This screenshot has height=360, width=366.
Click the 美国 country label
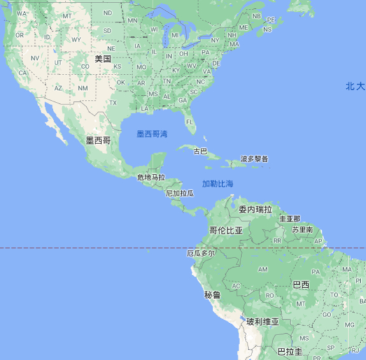tap(102, 59)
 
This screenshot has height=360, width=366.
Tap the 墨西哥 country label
tap(98, 140)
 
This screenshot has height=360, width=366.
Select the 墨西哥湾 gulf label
tap(152, 134)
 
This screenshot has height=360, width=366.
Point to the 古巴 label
tap(200, 152)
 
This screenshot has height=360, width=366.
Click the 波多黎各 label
tap(255, 159)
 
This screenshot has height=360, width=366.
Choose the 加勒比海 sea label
tap(218, 184)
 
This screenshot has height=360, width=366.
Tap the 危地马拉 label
tap(151, 177)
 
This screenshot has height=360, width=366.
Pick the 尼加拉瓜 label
tap(179, 192)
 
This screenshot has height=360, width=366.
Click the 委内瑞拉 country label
tap(255, 209)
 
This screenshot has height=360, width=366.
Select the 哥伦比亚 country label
tap(226, 230)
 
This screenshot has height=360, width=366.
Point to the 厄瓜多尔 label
tap(201, 253)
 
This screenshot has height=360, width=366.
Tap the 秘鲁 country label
tap(212, 295)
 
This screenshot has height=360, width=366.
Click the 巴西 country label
tap(300, 285)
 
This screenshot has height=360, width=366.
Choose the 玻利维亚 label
tap(263, 322)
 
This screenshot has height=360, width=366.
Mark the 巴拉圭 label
tap(290, 352)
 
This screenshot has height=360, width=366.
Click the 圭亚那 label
tap(290, 219)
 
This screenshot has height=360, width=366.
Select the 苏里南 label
tap(302, 229)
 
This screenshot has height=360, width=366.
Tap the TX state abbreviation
tap(113, 103)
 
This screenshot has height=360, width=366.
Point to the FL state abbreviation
tap(190, 122)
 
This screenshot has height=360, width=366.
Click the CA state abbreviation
tap(23, 73)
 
